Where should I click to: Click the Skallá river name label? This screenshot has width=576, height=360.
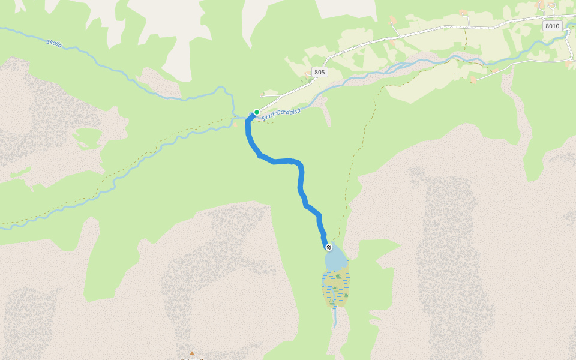(x=55, y=43)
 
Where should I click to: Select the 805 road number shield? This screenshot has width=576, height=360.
(x=319, y=72)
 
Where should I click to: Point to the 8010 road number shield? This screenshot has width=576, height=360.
(x=552, y=26)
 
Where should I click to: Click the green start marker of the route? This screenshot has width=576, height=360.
(x=257, y=112)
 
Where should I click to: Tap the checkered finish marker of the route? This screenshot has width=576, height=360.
(x=329, y=247)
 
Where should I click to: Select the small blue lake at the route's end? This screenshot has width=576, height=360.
(x=336, y=259)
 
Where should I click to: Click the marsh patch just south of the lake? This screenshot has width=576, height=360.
(x=335, y=288)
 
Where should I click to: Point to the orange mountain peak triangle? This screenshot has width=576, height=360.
(x=192, y=353)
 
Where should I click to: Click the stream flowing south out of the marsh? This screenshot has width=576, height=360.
(x=334, y=318)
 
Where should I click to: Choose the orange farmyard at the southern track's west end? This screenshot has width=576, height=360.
(x=474, y=79)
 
